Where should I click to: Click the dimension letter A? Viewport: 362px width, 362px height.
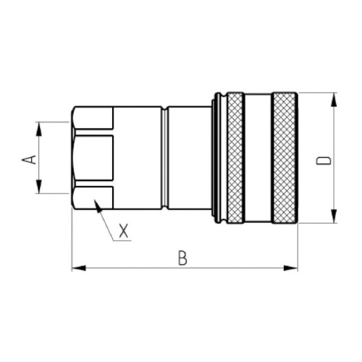[x=29, y=160]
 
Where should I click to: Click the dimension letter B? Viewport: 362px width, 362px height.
[x=182, y=258]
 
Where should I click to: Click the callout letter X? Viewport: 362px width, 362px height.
[x=124, y=231]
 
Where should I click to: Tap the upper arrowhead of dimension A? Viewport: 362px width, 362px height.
[x=39, y=129]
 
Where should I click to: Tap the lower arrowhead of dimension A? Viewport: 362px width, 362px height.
[x=39, y=186]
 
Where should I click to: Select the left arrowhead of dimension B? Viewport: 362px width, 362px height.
[x=79, y=268]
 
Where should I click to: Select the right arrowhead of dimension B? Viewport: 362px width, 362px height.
[x=291, y=268]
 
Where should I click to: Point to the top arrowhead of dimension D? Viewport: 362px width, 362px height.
[x=334, y=100]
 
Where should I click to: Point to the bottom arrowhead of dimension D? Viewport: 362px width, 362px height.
[x=334, y=216]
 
